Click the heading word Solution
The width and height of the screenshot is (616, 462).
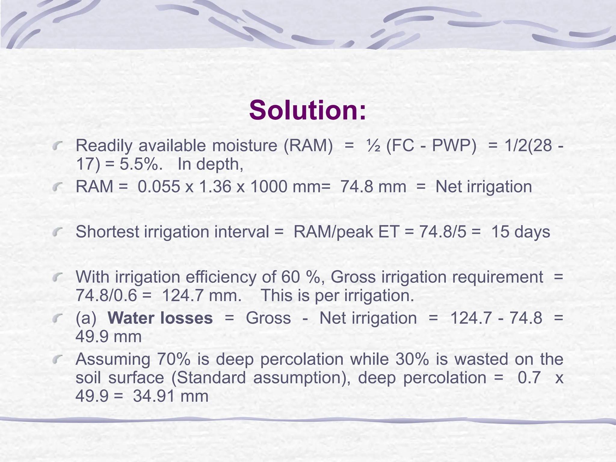coord(307,110)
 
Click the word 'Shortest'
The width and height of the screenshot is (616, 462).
coord(107,232)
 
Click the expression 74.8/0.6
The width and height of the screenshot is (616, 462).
coord(106,296)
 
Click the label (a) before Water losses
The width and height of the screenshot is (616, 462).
coord(86,318)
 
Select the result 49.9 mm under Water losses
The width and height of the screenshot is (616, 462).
coord(108,337)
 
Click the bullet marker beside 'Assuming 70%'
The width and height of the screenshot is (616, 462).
coord(57,359)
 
